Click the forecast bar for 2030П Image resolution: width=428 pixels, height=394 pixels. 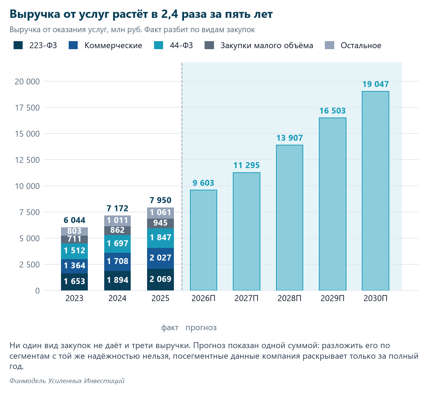[375, 191]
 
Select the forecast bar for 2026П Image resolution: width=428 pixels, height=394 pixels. [203, 240]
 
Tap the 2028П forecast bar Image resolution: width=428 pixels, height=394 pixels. [289, 218]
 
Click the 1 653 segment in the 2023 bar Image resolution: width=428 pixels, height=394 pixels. [74, 282]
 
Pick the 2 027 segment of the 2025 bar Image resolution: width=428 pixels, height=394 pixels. [160, 258]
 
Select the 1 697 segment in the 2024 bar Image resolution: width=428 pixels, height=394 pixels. [117, 244]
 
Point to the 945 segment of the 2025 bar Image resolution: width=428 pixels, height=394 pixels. [160, 223]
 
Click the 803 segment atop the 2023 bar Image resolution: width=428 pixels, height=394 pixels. [74, 232]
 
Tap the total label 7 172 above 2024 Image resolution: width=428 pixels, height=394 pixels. [117, 208]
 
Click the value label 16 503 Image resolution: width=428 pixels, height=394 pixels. [333, 111]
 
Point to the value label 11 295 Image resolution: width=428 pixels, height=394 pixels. [246, 165]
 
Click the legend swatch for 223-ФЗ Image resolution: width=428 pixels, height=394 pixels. [18, 45]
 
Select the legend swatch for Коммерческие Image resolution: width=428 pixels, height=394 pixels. [73, 45]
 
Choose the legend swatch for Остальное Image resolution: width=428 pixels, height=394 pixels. [329, 45]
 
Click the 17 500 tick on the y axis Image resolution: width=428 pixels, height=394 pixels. [27, 108]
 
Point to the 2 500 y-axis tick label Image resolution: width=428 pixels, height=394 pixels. [29, 265]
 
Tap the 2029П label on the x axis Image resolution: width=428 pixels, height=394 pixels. [333, 298]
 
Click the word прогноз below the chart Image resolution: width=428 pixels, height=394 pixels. [201, 328]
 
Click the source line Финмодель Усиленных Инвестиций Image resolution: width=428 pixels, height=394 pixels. [67, 380]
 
